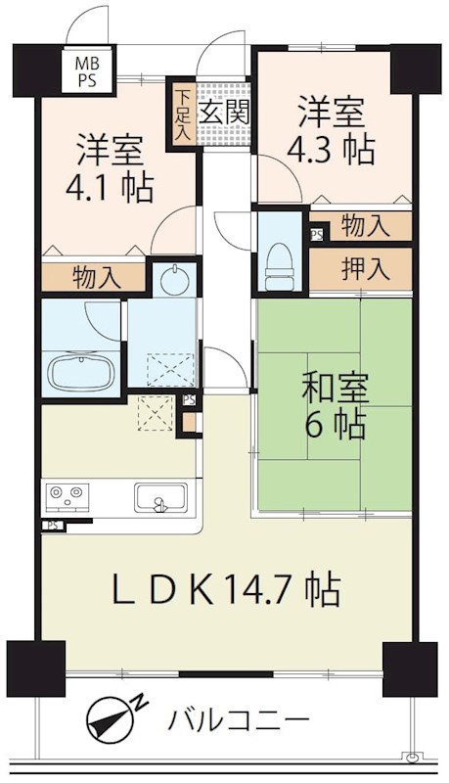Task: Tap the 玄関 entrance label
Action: coord(224,113)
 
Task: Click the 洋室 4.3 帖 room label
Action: coord(332,129)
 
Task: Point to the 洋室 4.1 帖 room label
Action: coord(110,167)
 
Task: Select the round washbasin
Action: coord(174,280)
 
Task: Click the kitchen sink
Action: coord(160,497)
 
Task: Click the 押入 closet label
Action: coord(365,268)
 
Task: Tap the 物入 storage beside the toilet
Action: coord(365,226)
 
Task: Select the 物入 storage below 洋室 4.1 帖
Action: coord(96,277)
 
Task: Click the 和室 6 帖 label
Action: coord(336,406)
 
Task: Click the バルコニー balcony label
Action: coord(238,720)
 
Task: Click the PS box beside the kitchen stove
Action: coord(52,526)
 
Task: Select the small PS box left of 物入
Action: coord(316,235)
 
